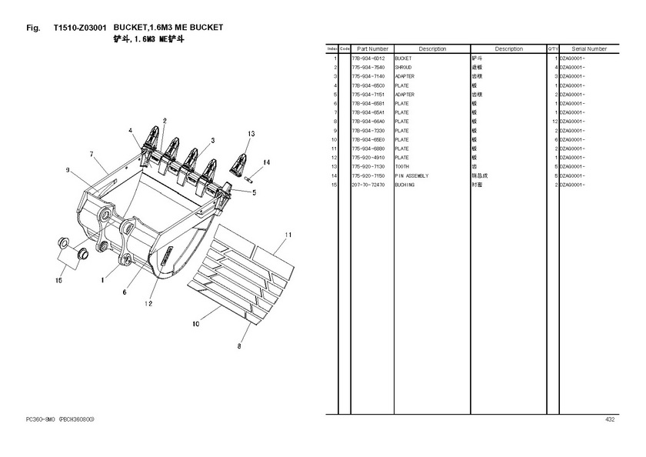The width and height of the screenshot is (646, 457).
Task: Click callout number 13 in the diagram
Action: pyautogui.click(x=251, y=134)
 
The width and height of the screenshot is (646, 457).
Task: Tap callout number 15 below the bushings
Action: pyautogui.click(x=58, y=281)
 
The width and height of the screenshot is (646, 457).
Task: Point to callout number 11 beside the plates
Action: pyautogui.click(x=288, y=234)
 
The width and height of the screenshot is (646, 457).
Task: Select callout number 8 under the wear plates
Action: pyautogui.click(x=239, y=347)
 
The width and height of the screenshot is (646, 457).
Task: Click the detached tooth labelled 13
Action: pyautogui.click(x=241, y=162)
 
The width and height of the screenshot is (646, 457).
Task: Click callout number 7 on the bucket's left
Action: pyautogui.click(x=92, y=155)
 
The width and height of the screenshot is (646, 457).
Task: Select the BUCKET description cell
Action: pyautogui.click(x=404, y=58)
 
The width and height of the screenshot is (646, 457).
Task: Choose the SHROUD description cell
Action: pyautogui.click(x=404, y=68)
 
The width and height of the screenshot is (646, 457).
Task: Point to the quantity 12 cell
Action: pyautogui.click(x=554, y=122)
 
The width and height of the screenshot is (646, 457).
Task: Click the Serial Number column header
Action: pyautogui.click(x=589, y=49)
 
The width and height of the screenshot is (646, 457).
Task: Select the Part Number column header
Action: pyautogui.click(x=372, y=49)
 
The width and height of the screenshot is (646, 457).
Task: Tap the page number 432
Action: pyautogui.click(x=610, y=419)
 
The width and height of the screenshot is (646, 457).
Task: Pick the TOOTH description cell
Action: pyautogui.click(x=403, y=166)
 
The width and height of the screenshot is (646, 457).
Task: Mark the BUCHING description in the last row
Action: pyautogui.click(x=405, y=185)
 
